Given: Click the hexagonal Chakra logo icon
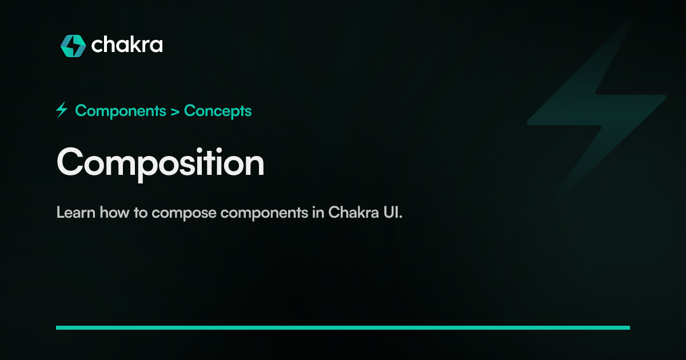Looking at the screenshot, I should (x=73, y=46).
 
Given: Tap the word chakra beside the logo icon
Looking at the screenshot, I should (x=126, y=45).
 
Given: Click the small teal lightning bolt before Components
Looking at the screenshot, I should (x=62, y=110).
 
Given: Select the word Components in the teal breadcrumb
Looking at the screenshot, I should (x=120, y=111).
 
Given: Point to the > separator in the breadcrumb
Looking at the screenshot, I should (x=175, y=111).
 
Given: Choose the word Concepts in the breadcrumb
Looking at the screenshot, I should (x=218, y=111).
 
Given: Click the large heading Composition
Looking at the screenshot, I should (x=160, y=163).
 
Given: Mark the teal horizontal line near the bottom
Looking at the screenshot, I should (x=343, y=327).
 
